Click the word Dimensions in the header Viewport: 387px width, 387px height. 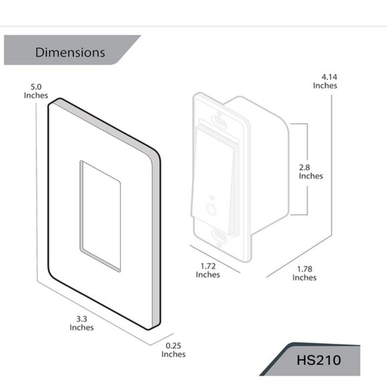[70, 52]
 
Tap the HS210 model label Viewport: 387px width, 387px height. [318, 360]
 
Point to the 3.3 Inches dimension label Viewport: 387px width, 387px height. [81, 323]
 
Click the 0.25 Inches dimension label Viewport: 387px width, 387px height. [173, 350]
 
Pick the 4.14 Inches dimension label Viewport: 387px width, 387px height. [325, 81]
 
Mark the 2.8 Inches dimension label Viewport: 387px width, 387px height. [310, 171]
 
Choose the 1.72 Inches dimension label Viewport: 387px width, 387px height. [208, 270]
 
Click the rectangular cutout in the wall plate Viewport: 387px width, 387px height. [101, 215]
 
